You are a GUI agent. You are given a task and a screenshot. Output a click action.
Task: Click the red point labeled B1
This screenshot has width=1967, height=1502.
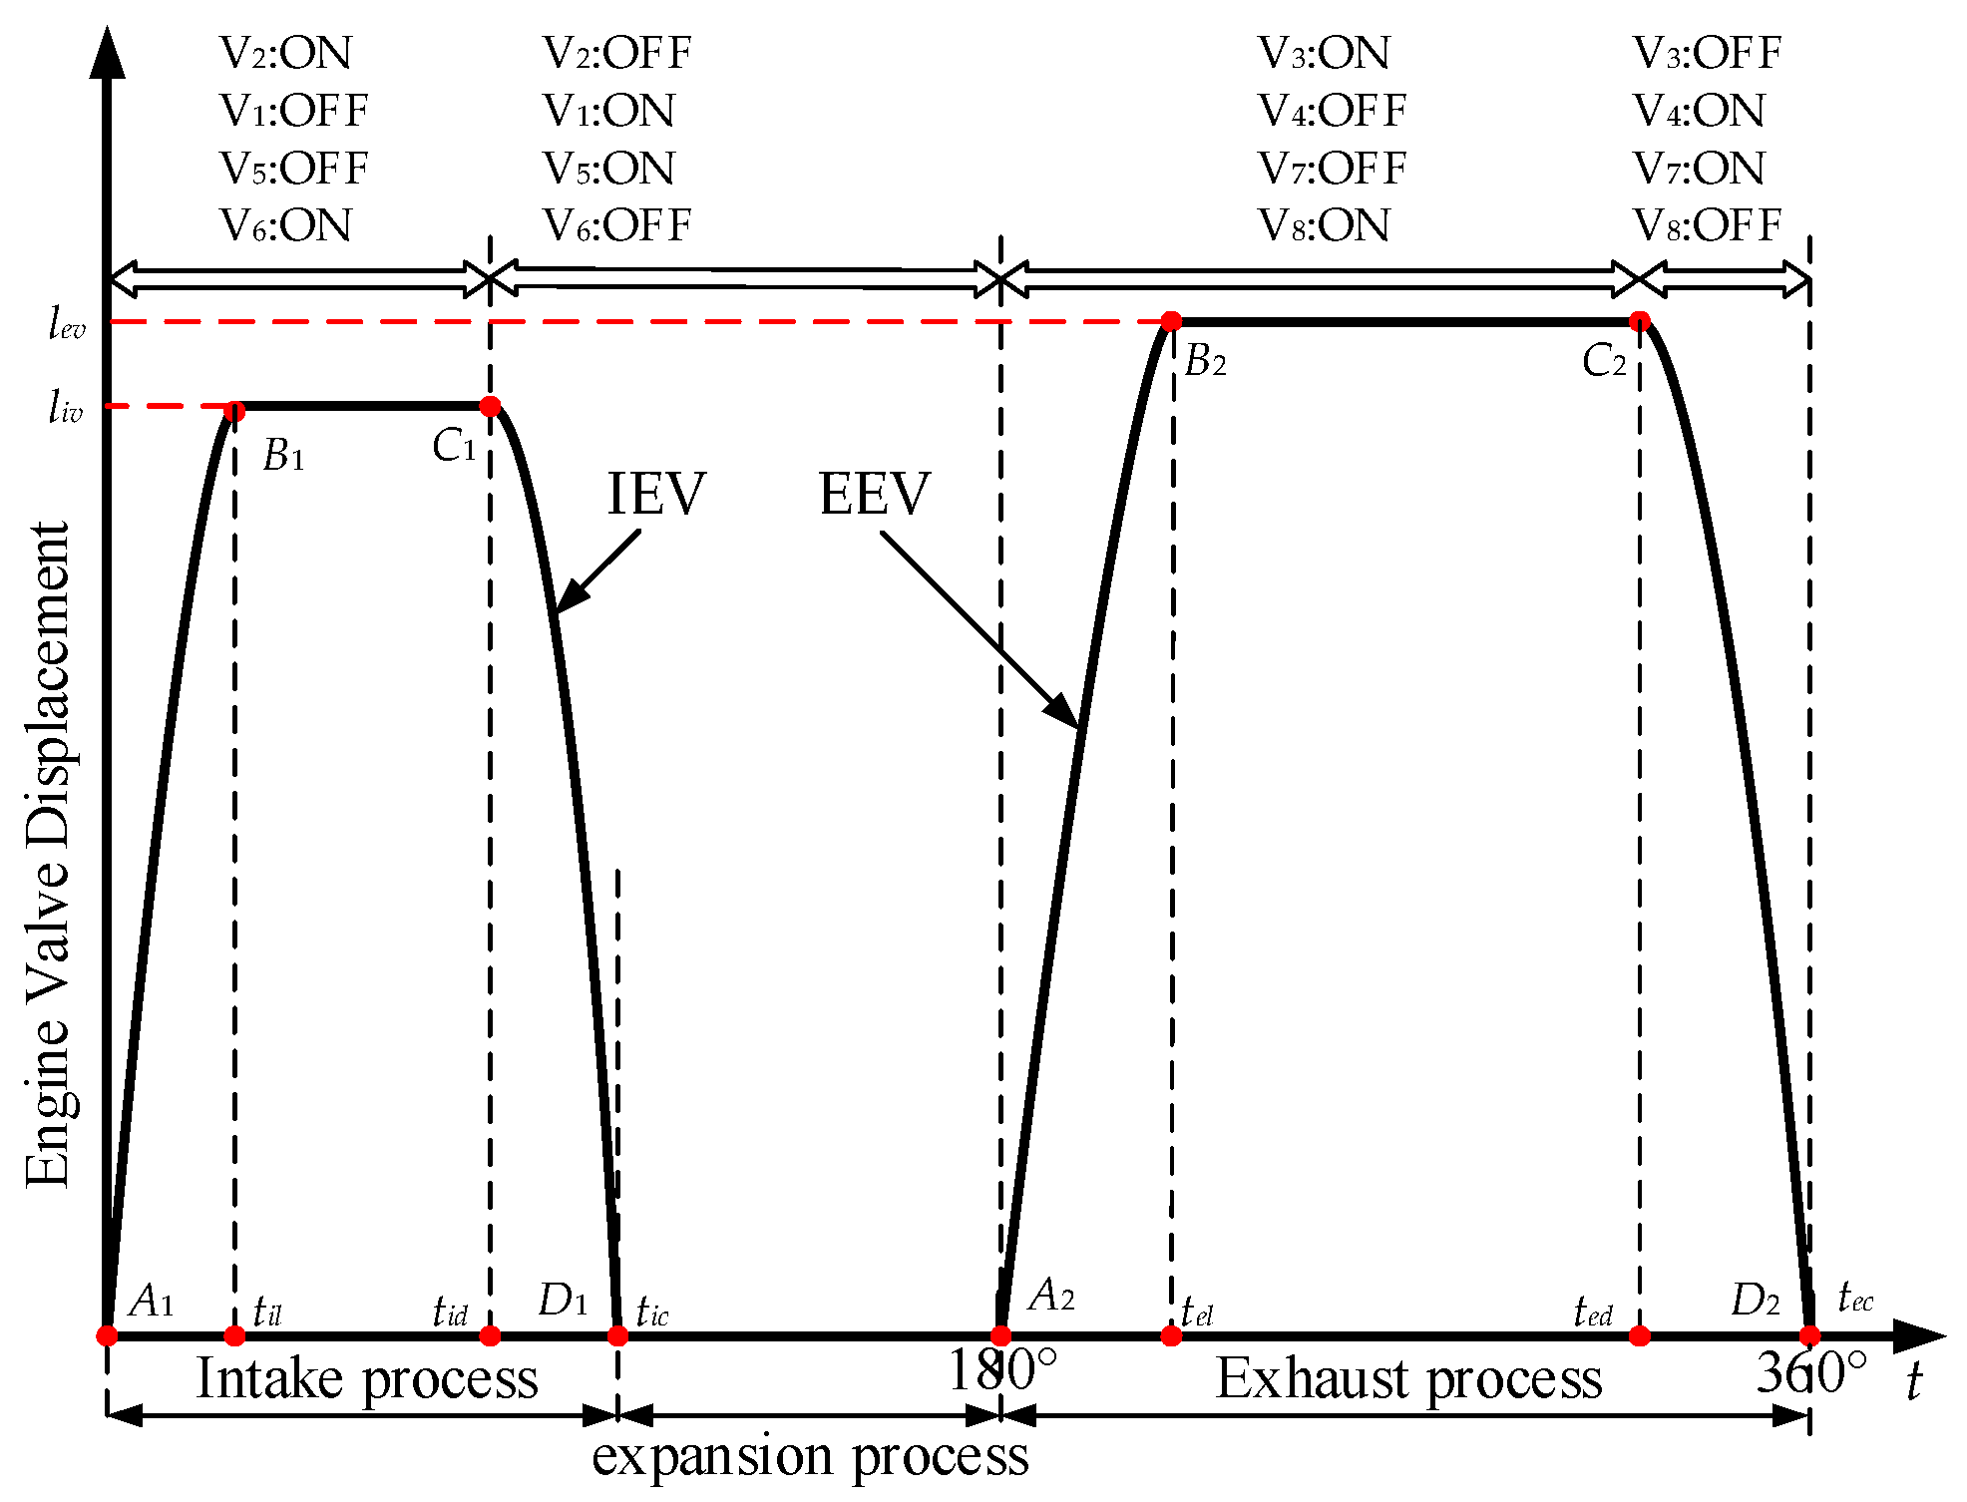pos(234,411)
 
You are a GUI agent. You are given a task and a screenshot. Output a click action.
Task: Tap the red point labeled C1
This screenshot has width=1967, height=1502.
pos(490,406)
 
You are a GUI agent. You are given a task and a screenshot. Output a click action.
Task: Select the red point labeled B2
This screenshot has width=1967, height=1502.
pos(1172,321)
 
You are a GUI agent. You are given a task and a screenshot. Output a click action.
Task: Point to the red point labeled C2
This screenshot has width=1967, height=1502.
pos(1640,321)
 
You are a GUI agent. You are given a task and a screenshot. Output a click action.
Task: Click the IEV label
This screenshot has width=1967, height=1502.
pos(656,494)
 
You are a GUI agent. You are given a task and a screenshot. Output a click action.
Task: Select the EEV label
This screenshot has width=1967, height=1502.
pos(874,494)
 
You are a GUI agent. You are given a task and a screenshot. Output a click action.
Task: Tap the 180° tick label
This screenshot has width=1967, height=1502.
pos(1000,1370)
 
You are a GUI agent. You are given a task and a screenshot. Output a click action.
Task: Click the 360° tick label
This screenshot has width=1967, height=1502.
pos(1810,1372)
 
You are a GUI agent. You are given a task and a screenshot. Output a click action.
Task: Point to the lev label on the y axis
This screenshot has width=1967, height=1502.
pos(67,324)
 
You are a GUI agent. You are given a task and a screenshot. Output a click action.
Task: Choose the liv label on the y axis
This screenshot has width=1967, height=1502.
pos(65,408)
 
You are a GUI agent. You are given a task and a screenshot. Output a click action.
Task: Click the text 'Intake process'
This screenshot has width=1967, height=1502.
pos(366,1379)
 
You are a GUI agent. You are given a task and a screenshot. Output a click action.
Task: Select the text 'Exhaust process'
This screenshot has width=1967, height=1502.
pos(1407,1379)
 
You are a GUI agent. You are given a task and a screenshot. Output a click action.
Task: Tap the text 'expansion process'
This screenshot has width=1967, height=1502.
pos(810,1456)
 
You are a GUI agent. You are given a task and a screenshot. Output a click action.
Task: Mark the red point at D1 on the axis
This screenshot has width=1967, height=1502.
pos(617,1335)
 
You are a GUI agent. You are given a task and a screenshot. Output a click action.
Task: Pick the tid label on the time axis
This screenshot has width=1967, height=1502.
pos(450,1311)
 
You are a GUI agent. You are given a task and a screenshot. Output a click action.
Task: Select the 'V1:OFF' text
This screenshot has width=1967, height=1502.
pos(294,111)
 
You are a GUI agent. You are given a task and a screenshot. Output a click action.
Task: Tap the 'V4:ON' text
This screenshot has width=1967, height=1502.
pos(1699,111)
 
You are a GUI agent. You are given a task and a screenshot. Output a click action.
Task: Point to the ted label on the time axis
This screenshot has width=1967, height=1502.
pos(1593,1311)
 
